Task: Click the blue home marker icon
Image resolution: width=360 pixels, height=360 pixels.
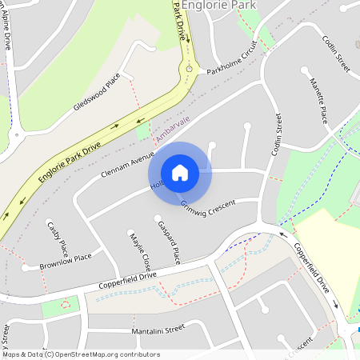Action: (180, 172)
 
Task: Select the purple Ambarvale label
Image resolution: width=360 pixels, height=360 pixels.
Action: (174, 129)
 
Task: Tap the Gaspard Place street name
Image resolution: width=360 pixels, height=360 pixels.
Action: (169, 242)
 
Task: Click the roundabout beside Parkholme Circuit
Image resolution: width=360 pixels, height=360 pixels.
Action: (190, 70)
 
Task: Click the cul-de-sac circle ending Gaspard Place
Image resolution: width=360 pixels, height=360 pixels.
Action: (157, 218)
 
